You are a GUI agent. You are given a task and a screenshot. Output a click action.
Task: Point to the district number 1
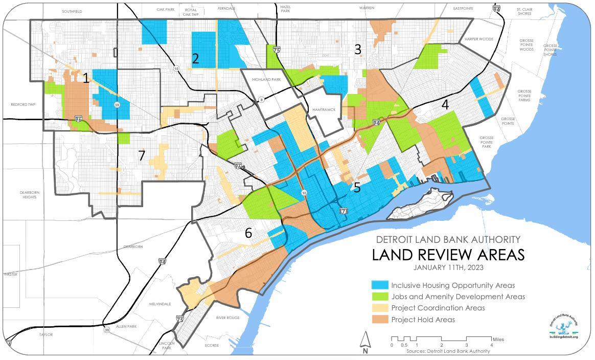[86, 78]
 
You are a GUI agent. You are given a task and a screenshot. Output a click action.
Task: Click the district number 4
[445, 105]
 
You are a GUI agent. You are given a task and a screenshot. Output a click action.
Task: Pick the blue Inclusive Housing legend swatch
[380, 285]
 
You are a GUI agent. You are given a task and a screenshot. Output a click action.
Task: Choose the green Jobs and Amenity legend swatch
[380, 297]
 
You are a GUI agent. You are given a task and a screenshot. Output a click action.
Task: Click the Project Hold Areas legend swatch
[380, 320]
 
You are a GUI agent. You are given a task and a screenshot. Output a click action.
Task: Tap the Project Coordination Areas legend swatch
[380, 308]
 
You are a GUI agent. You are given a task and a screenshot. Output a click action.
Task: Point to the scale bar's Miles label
[498, 339]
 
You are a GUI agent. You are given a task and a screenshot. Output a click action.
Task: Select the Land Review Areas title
[448, 254]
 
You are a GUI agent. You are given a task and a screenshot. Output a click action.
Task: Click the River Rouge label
[227, 317]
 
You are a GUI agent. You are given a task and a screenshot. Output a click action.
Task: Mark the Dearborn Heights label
[19, 195]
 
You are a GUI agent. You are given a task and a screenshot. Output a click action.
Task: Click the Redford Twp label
[21, 104]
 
